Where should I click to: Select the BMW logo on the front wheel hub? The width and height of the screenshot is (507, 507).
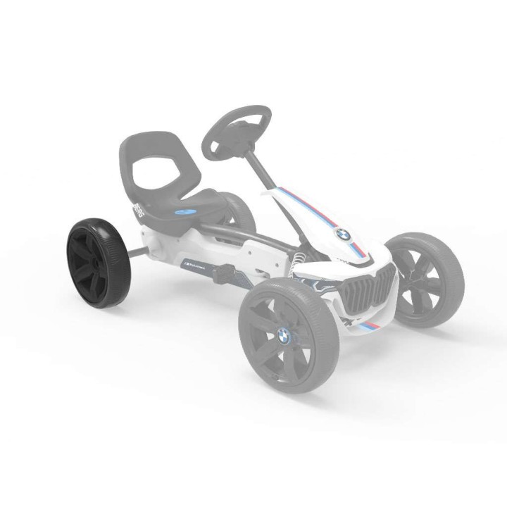pyautogui.click(x=283, y=337)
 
